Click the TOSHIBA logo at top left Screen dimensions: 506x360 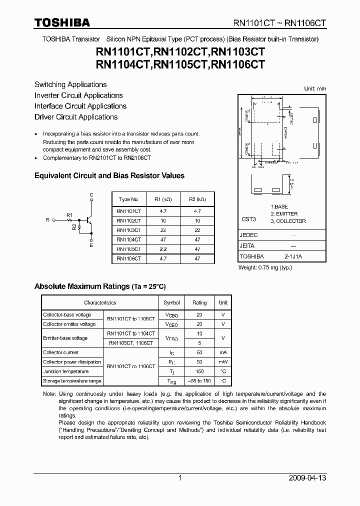click(62, 23)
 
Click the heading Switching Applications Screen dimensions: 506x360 click(70, 84)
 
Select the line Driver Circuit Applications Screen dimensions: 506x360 click(76, 117)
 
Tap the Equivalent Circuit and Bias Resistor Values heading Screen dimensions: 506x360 click(109, 175)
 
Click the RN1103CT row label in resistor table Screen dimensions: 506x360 click(128, 229)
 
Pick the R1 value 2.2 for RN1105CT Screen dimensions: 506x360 click(163, 248)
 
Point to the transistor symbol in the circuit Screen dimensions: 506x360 click(89, 219)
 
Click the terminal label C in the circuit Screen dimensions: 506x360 click(91, 194)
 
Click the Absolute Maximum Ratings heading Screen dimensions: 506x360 click(99, 286)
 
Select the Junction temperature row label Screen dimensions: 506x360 click(65, 371)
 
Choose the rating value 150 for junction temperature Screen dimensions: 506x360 click(199, 371)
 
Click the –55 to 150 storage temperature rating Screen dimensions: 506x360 click(199, 381)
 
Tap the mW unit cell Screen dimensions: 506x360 click(223, 362)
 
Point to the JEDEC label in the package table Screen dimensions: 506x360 click(248, 235)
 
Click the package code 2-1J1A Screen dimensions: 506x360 click(293, 256)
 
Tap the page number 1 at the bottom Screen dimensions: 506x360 click(180, 478)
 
